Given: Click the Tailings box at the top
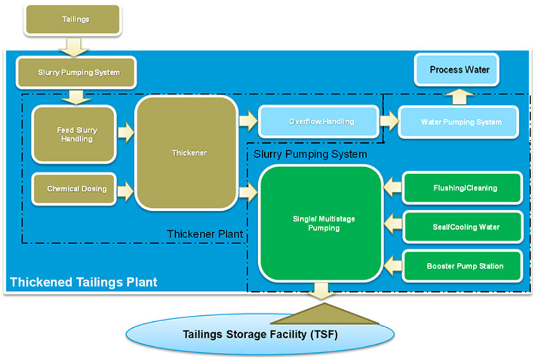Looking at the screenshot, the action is (73, 20).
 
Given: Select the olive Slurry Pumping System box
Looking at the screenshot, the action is (76, 73).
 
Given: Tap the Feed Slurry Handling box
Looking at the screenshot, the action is (74, 134).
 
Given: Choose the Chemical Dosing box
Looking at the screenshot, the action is (74, 189).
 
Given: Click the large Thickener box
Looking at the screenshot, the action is (187, 152).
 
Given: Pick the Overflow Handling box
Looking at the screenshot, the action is (319, 122).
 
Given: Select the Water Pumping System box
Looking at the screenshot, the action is (459, 122).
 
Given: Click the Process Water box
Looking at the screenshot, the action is (456, 70).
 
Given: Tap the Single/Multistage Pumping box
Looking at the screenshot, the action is (321, 223).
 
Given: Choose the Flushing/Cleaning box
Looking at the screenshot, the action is (463, 188).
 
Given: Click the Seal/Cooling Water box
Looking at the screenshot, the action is (463, 227).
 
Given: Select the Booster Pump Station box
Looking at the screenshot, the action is (463, 266).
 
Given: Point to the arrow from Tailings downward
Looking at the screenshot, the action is (74, 47).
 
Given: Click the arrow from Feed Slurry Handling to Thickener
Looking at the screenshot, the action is (126, 132).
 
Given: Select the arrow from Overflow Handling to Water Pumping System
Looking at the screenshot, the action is (389, 121).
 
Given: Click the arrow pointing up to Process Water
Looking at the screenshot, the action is (460, 97).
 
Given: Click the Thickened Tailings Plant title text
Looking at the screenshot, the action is (84, 282).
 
